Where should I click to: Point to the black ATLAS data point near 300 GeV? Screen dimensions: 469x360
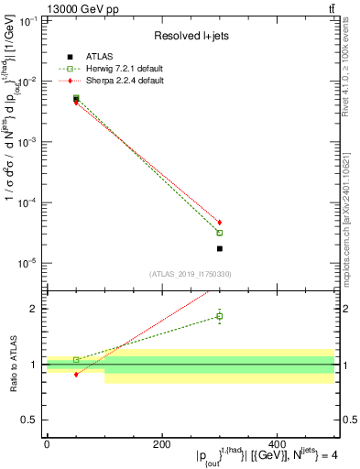point(220,248)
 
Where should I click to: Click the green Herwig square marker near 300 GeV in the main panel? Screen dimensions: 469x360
point(220,233)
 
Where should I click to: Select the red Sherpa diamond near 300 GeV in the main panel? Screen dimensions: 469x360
point(220,223)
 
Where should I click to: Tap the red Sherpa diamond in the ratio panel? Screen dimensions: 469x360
point(76,375)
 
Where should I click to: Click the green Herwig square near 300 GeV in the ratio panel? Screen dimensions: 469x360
point(220,316)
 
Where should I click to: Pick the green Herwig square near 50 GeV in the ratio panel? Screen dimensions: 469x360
point(76,359)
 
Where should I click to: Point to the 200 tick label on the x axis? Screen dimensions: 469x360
point(161,445)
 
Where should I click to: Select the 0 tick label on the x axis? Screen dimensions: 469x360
point(47,445)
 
